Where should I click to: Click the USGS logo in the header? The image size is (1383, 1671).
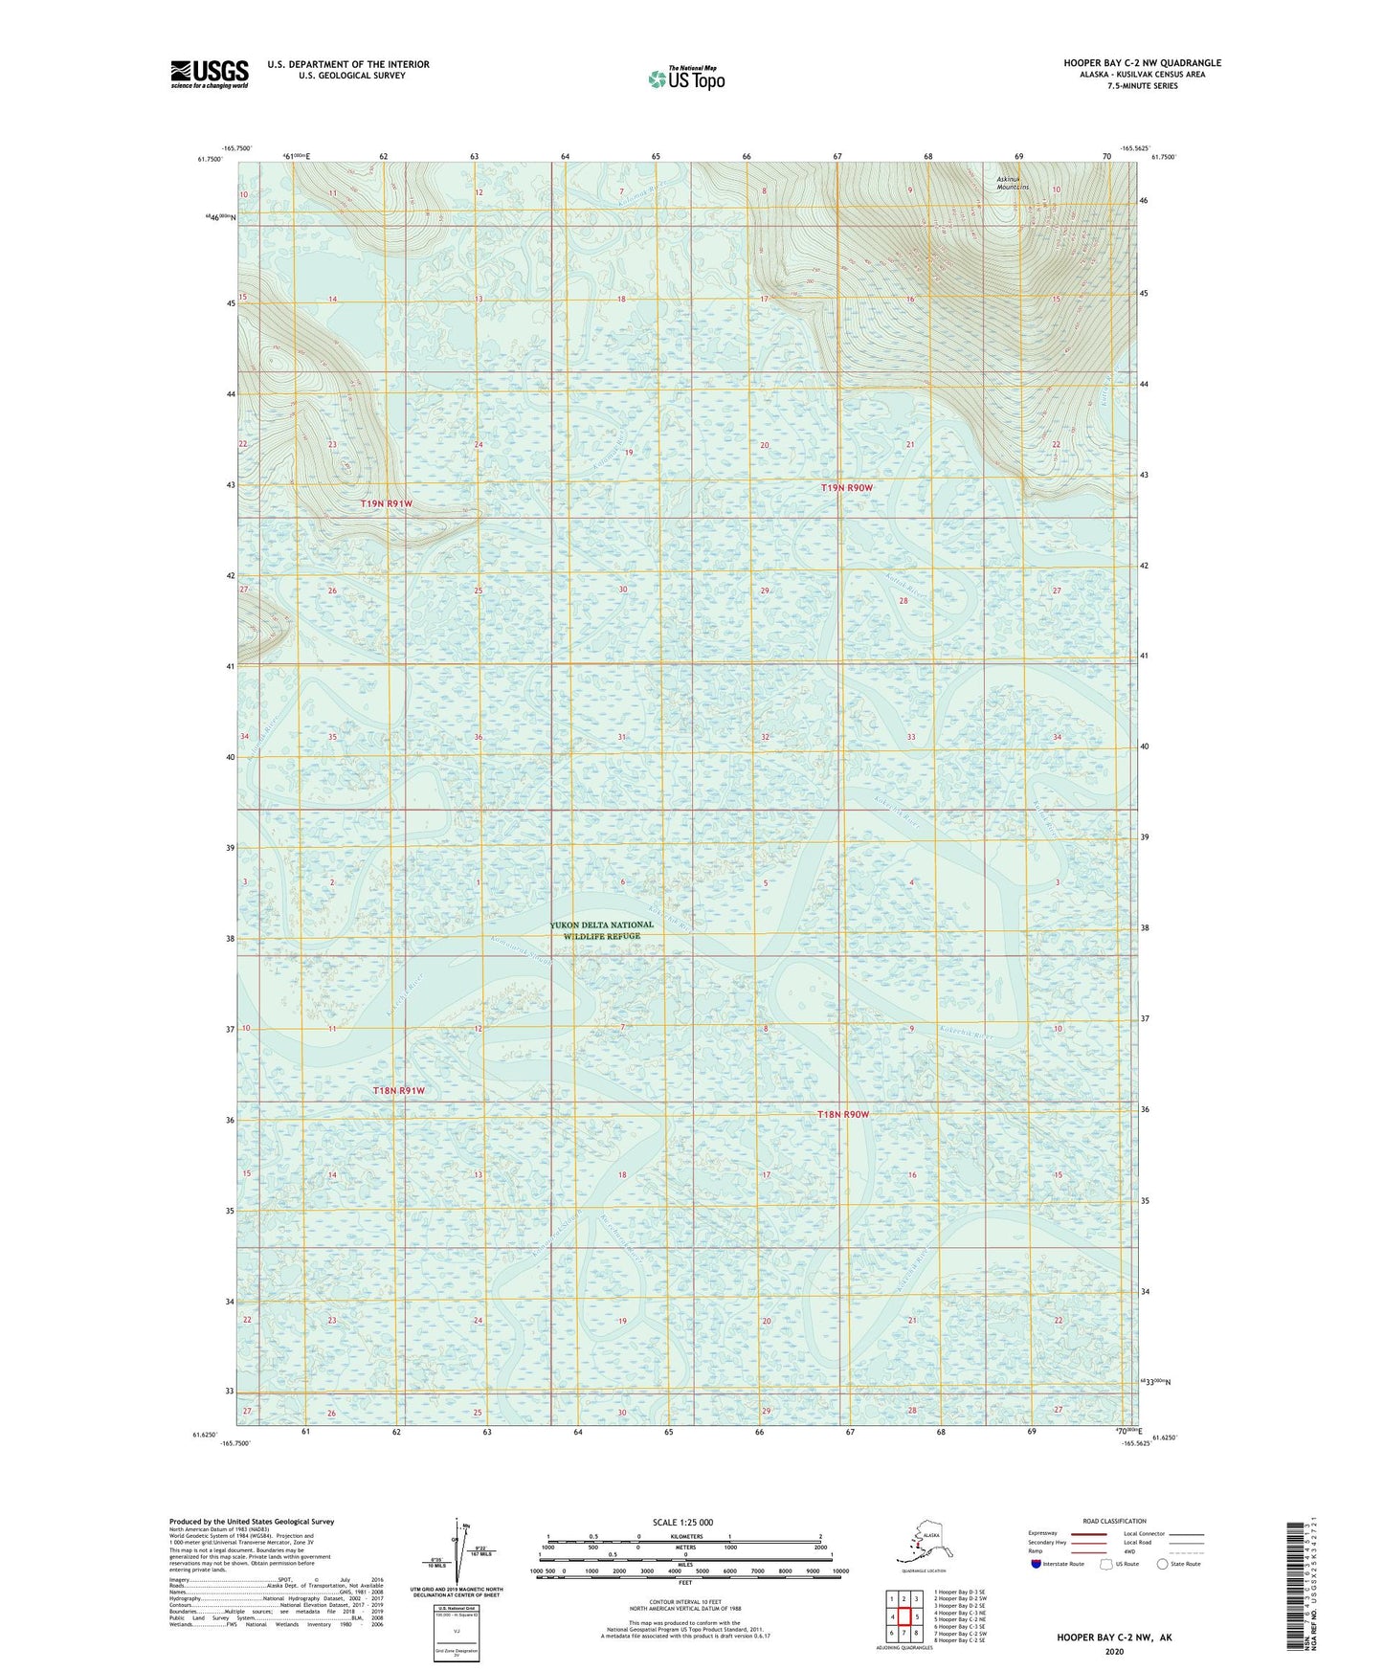pos(210,73)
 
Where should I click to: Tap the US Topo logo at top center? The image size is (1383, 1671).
pos(686,78)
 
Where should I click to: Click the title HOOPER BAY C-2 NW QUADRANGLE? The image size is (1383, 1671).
pos(1142,63)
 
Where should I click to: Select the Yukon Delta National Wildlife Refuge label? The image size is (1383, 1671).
pos(602,930)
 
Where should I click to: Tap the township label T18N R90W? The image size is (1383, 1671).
pos(843,1114)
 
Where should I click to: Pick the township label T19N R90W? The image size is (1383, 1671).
pos(847,488)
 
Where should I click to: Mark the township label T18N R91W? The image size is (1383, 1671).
pos(398,1090)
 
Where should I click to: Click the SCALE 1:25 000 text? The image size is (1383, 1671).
pos(683,1522)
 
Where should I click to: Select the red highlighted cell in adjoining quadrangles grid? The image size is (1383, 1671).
pos(903,1616)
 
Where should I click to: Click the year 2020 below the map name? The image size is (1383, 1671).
pos(1114,1651)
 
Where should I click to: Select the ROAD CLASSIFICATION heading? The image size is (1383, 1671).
pos(1114,1521)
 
